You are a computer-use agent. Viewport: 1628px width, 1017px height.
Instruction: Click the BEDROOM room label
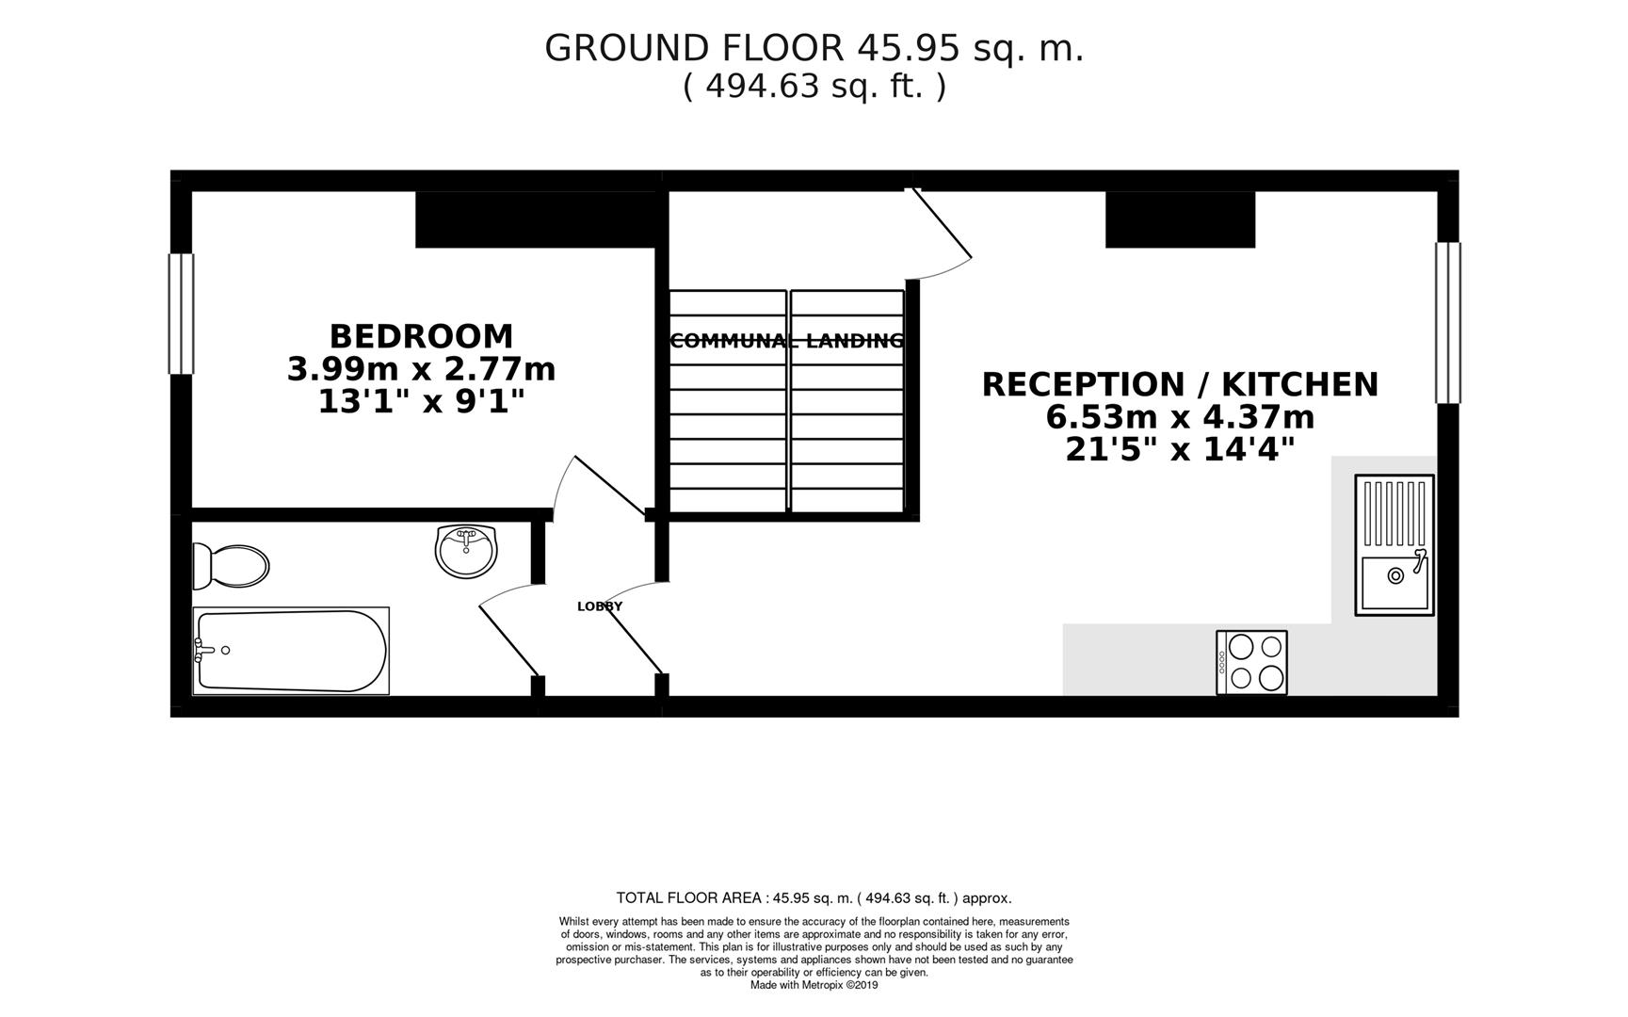coord(421,336)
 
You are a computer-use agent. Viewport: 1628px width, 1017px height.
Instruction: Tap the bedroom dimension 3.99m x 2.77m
coord(421,369)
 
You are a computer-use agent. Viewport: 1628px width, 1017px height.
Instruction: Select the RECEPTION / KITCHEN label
coord(1180,384)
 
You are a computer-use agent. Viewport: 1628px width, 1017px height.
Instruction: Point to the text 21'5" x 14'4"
coord(1180,450)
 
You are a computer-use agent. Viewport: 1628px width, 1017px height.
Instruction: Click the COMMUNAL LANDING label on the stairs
coord(786,341)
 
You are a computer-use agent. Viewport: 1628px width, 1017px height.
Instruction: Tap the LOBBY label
coord(600,606)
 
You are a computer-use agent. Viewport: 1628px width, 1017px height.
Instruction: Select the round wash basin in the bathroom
coord(465,551)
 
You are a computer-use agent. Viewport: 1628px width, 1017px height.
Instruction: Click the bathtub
coord(290,651)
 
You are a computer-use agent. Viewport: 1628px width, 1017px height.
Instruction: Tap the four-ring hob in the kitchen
coord(1251,662)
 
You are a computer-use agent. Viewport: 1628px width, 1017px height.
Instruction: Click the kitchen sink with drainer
coord(1394,545)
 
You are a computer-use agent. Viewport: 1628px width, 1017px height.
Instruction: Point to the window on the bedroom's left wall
coord(181,314)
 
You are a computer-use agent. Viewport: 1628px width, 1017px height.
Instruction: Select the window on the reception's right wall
coord(1447,323)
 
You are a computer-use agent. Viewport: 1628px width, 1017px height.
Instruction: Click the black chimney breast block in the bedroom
coord(535,219)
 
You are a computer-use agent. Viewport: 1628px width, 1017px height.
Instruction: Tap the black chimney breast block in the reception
coord(1180,219)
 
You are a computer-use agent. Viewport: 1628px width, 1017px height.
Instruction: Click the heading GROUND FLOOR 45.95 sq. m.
coord(814,48)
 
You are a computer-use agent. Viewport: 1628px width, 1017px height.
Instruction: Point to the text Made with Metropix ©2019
coord(814,985)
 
